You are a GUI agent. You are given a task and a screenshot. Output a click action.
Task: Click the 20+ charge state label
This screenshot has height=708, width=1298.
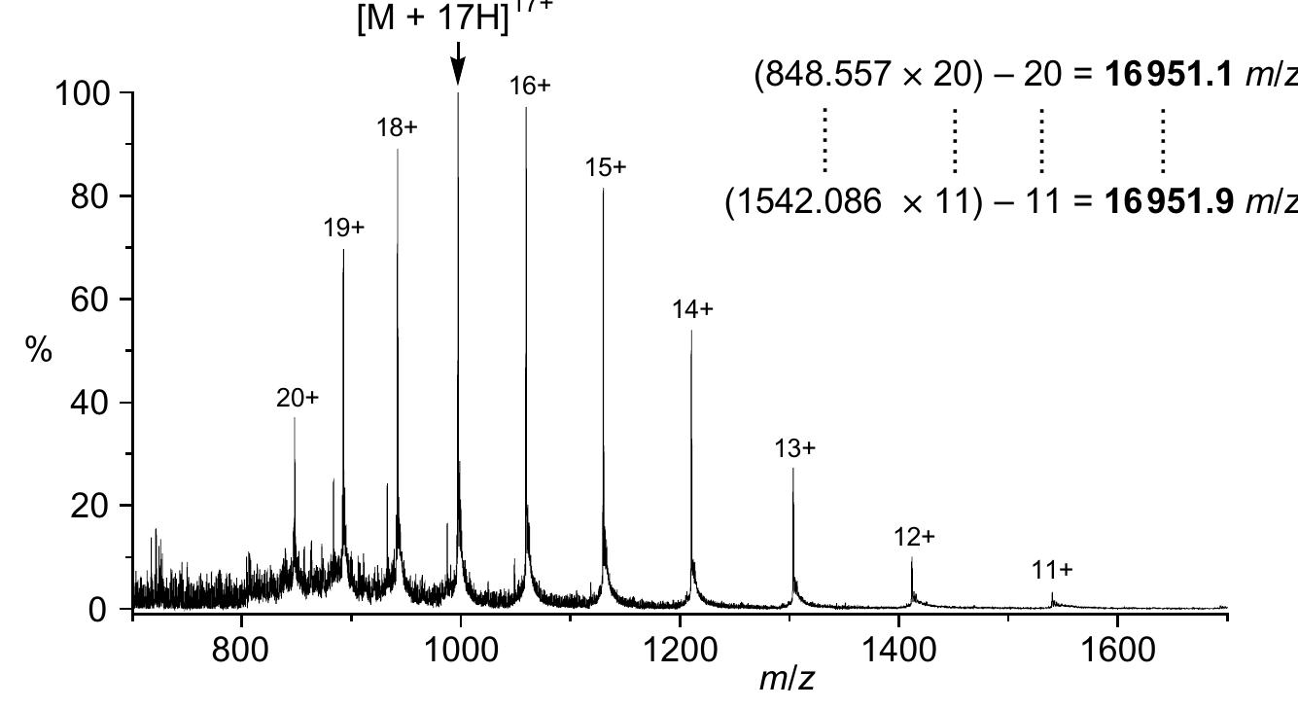pos(298,398)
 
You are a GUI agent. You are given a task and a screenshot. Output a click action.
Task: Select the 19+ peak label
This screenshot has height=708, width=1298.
pos(344,228)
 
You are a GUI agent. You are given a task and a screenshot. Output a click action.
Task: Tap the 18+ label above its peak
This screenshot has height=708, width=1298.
pos(398,127)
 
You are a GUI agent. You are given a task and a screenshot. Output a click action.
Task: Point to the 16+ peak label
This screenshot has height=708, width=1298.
pos(530,86)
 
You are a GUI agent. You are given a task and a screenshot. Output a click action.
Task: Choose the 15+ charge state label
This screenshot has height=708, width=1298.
pos(606,167)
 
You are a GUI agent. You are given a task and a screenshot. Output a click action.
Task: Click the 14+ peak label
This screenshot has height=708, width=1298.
pos(692,309)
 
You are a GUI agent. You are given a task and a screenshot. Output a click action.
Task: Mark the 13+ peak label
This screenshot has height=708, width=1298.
pos(795,448)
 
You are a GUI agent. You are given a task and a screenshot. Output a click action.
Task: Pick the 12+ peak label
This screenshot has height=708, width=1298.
pos(915,537)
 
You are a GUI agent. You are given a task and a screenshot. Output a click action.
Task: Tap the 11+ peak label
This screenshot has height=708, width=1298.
pos(1053,570)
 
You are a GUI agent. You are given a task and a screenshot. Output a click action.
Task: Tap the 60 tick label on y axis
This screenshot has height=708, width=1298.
pos(92,300)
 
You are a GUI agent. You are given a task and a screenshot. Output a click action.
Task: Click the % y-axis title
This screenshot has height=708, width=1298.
pos(39,351)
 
